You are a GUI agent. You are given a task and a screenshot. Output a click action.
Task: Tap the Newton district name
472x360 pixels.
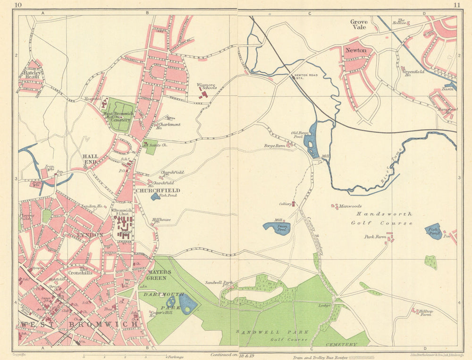coord(356,50)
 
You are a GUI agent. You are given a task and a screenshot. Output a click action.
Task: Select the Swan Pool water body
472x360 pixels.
coord(277,228)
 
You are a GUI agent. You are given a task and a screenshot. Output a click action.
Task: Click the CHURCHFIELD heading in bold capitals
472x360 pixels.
coord(152,190)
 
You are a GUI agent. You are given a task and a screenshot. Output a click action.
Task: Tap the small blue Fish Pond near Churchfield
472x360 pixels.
coord(155,196)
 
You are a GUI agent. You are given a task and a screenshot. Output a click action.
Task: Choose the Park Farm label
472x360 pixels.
coord(374,237)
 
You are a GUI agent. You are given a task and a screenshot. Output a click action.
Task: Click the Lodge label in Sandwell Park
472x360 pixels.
coord(324,306)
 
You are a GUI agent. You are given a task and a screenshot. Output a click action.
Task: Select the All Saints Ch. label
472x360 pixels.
coord(156,145)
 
